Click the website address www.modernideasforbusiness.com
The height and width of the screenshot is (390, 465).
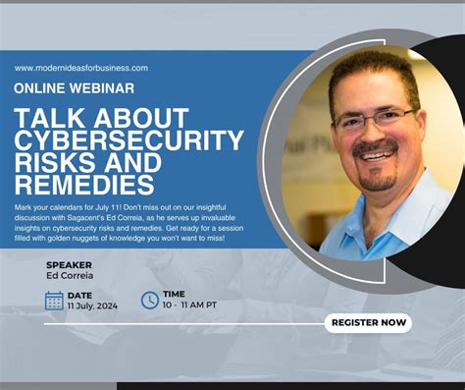point(81,68)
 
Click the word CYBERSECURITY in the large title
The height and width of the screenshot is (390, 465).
point(129,139)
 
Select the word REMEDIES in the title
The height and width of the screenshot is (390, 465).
point(84,184)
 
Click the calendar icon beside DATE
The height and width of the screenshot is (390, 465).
point(54,301)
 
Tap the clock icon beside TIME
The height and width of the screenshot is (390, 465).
point(149,301)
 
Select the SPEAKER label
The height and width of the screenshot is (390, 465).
point(69,264)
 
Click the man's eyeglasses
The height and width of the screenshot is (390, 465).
point(376,121)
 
